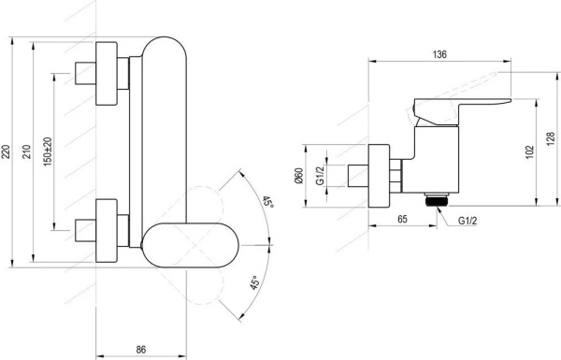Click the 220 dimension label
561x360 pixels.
pos(6,151)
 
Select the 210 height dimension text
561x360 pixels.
pos(27,151)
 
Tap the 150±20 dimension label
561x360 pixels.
pos(48,151)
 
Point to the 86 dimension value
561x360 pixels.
pos(141,350)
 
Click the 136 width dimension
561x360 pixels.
pos(439,54)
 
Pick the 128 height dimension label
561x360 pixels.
pos(551,138)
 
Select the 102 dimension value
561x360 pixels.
pos(530,152)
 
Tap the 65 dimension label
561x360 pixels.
pos(402,219)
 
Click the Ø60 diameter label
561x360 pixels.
pos(299,176)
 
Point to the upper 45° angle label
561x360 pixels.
pos(268,202)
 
